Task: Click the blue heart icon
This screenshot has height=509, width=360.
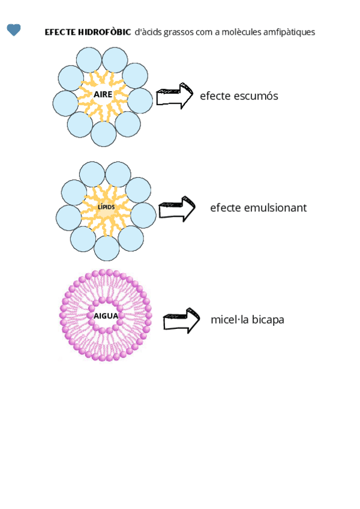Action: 14,30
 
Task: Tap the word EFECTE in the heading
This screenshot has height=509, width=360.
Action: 60,32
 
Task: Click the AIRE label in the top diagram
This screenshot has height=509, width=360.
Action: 103,95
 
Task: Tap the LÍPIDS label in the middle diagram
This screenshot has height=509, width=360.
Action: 106,207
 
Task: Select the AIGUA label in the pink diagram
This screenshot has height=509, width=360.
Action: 106,315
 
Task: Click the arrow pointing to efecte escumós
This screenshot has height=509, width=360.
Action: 175,96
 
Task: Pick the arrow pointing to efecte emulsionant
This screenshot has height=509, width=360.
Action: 177,209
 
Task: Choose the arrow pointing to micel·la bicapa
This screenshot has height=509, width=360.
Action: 181,320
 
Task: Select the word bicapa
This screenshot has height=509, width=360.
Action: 268,320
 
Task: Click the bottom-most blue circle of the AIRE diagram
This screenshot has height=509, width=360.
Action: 104,134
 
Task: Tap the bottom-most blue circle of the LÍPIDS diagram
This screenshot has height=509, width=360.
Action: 107,248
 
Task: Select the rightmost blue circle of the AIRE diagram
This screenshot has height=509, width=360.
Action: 140,101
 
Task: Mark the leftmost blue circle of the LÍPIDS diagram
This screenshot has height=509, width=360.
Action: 68,217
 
